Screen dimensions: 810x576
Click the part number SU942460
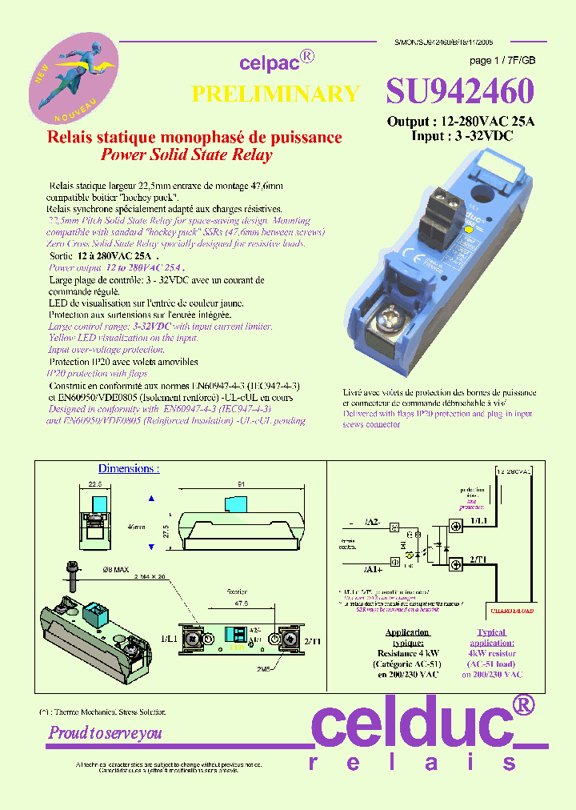point(459,92)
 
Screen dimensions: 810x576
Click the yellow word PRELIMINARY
point(275,94)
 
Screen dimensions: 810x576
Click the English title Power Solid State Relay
point(186,155)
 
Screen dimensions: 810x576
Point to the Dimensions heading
point(128,468)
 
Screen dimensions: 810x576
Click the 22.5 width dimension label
point(95,484)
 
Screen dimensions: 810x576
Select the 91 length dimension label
point(241,483)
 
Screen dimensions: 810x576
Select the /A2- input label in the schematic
point(372,522)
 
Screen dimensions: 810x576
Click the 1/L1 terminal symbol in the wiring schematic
point(455,526)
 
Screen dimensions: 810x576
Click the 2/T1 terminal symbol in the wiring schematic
point(455,565)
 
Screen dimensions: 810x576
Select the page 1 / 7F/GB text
point(502,61)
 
